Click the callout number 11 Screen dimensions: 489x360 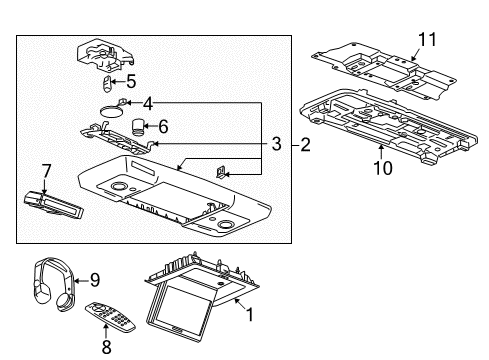[x=427, y=40]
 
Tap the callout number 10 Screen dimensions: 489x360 [x=383, y=168]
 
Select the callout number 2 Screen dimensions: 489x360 [x=305, y=145]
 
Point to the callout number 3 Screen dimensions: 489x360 [x=276, y=144]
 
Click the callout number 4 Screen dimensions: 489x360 [x=148, y=104]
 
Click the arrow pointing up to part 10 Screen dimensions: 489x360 [x=381, y=152]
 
